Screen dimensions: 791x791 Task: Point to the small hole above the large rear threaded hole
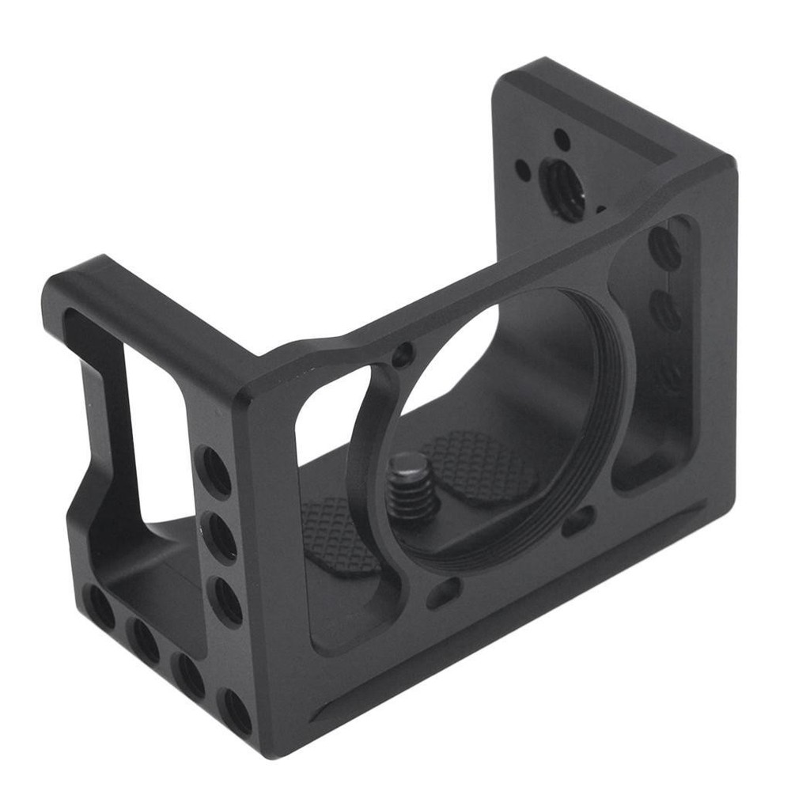pos(562,140)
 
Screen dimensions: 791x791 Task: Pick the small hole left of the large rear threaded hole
pos(523,168)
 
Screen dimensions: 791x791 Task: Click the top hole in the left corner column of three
pos(214,470)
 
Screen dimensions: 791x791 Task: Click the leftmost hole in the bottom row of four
pos(100,607)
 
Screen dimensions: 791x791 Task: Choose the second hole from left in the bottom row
pos(146,639)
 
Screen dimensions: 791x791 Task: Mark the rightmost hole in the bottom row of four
pos(236,711)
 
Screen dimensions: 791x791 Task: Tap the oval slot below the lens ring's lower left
pos(445,592)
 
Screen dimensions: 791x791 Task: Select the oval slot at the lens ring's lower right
pos(580,520)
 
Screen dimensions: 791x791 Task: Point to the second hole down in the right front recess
pos(666,311)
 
